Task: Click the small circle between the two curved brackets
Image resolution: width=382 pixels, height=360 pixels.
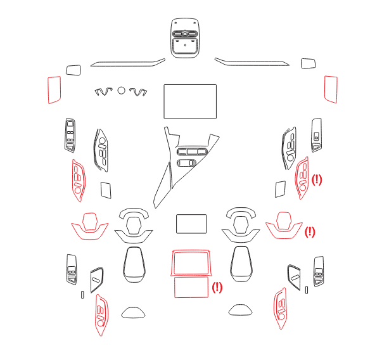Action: tap(122, 91)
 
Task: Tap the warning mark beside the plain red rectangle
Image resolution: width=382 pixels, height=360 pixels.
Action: tap(217, 287)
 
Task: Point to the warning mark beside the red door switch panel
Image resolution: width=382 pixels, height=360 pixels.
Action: tap(317, 180)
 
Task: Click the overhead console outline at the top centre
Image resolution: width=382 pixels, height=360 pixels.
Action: tap(185, 19)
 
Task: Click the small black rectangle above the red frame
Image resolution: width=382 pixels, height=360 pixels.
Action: tap(191, 215)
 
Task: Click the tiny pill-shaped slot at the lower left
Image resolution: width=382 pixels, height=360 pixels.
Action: tap(82, 295)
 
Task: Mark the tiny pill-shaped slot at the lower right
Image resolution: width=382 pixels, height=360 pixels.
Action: tap(307, 290)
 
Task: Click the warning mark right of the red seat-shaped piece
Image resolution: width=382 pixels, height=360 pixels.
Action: tap(310, 232)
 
